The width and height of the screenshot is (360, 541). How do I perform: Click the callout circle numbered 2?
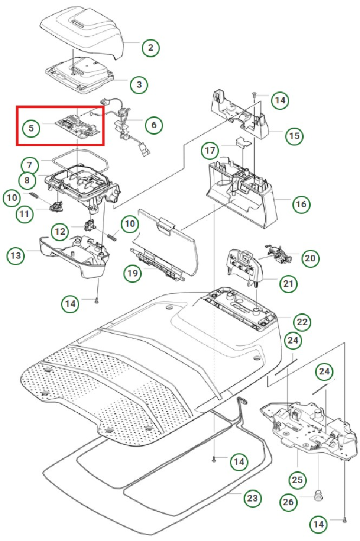(150, 48)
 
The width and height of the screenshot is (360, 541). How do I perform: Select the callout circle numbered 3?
(139, 85)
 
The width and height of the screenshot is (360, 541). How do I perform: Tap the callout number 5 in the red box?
(31, 129)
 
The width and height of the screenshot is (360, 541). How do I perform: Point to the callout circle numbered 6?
(154, 126)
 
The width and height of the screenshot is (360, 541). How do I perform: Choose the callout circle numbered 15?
(294, 135)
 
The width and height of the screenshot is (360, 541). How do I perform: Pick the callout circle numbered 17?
(211, 149)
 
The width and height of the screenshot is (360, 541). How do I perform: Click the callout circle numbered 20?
(310, 259)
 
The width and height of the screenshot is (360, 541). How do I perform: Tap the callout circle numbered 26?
(289, 503)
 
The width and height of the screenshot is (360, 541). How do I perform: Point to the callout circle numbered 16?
(301, 204)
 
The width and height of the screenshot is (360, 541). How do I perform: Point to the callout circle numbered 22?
(302, 322)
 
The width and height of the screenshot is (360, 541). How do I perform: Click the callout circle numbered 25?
(297, 479)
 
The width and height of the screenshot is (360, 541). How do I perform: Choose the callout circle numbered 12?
(60, 232)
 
